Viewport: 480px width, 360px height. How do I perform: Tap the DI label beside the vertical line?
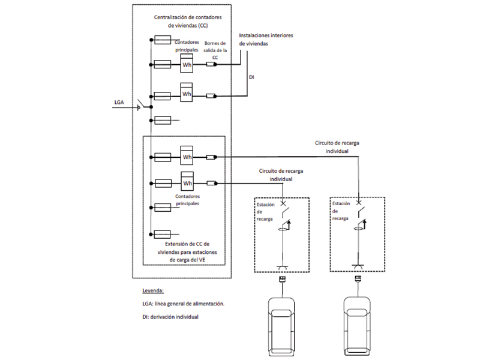pyautogui.click(x=252, y=77)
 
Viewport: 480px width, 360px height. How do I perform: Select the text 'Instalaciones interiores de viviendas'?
pyautogui.click(x=266, y=40)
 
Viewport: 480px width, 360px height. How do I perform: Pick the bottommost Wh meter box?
pyautogui.click(x=187, y=182)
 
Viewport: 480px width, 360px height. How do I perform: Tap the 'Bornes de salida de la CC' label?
pyautogui.click(x=216, y=50)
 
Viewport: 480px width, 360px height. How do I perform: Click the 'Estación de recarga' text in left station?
pyautogui.click(x=266, y=212)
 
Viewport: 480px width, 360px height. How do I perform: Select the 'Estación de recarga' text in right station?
pyautogui.click(x=340, y=211)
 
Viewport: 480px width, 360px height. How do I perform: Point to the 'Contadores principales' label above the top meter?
pyautogui.click(x=186, y=46)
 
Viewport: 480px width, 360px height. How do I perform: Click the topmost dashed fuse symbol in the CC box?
pyautogui.click(x=163, y=40)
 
